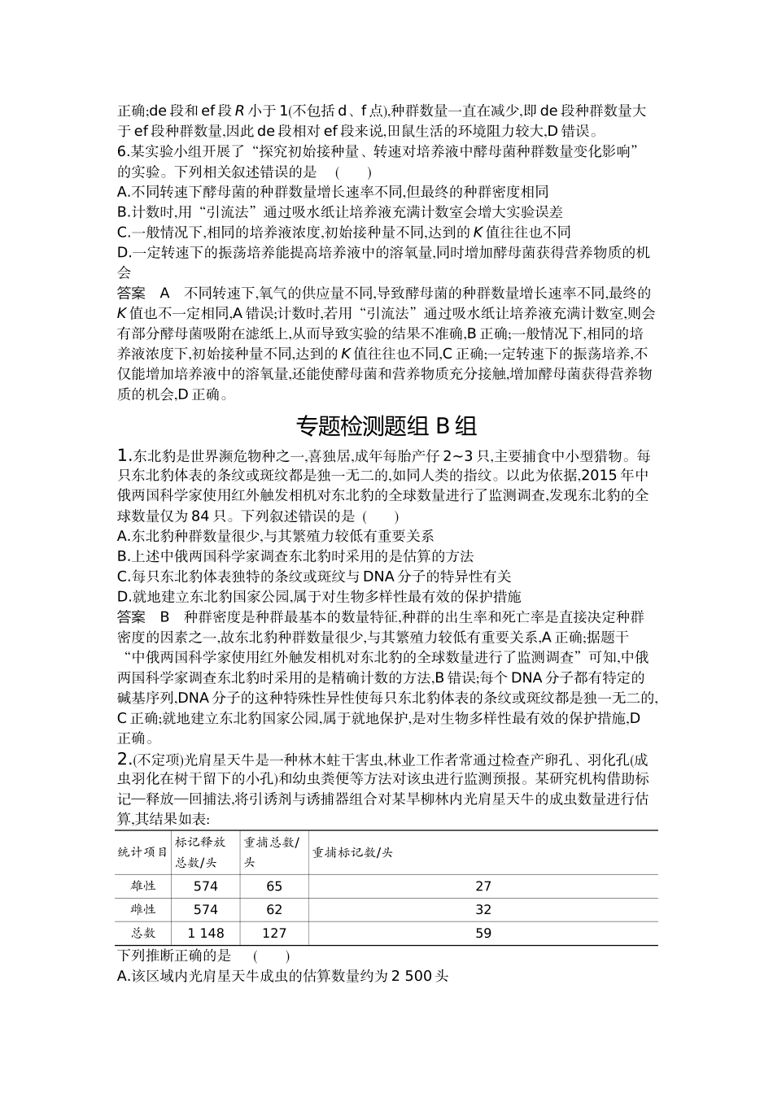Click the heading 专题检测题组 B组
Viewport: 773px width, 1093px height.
click(x=386, y=426)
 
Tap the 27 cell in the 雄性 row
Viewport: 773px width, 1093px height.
click(x=483, y=886)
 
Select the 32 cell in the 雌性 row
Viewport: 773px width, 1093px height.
click(x=483, y=910)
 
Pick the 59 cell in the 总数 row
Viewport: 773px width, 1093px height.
click(x=483, y=934)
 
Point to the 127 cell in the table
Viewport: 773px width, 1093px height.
click(x=274, y=934)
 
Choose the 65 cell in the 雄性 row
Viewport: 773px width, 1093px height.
click(x=274, y=886)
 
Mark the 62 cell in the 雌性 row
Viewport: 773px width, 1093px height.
click(x=274, y=910)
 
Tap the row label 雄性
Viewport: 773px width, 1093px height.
click(x=143, y=886)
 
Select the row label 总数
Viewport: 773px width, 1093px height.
click(x=143, y=934)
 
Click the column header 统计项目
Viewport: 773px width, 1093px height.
click(x=143, y=852)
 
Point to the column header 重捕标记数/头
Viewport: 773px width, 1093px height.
click(x=352, y=852)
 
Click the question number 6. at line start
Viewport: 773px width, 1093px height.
click(x=124, y=151)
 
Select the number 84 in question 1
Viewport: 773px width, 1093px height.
click(x=201, y=516)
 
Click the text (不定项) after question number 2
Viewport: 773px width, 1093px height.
click(x=149, y=760)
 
